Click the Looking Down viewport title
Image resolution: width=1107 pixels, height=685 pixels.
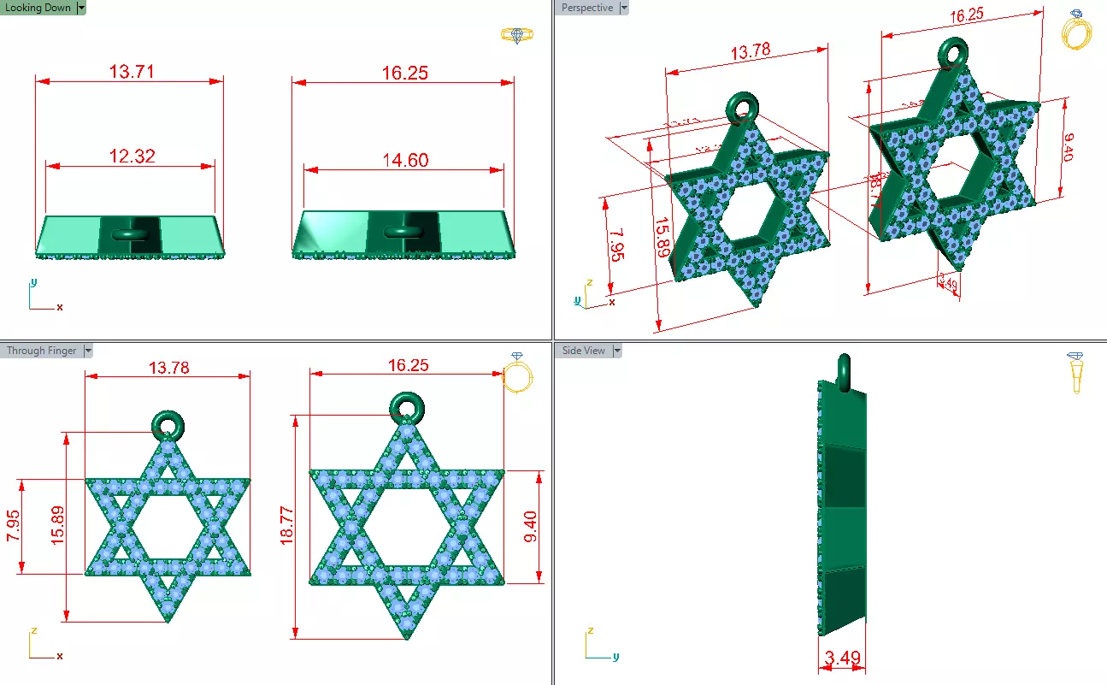point(38,8)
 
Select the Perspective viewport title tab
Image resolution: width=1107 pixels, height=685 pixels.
point(586,8)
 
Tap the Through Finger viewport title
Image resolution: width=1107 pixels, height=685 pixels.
point(41,351)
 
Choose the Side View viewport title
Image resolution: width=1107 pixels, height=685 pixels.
point(583,351)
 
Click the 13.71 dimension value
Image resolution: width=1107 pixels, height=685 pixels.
point(132,72)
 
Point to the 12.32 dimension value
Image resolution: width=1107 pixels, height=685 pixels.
point(132,156)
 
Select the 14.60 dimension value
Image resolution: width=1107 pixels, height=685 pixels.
point(405,160)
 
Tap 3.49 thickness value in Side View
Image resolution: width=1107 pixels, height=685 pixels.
point(841,658)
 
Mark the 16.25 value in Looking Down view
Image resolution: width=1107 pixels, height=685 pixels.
point(405,73)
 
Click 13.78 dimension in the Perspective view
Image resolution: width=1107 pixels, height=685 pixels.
point(750,52)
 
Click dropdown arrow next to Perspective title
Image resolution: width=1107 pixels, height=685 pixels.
point(623,8)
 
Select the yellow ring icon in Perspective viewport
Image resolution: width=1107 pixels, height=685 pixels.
point(1076,32)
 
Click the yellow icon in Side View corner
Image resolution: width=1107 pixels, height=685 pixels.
point(1076,371)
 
